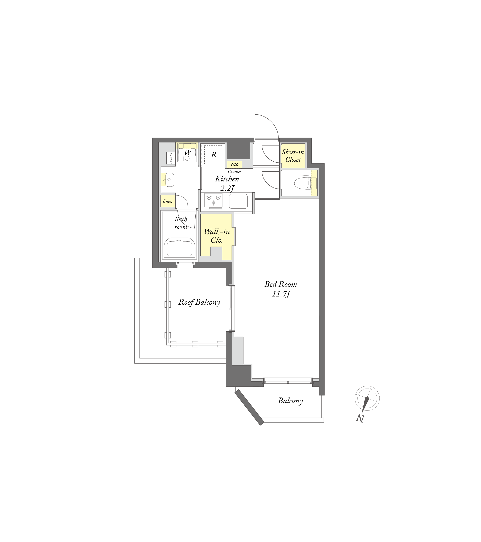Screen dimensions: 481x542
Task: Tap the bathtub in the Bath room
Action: pos(180,248)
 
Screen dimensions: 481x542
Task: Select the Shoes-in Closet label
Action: pos(293,156)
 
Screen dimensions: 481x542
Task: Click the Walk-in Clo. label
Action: pos(217,236)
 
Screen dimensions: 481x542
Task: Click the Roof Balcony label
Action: pos(199,302)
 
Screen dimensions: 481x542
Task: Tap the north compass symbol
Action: pos(367,398)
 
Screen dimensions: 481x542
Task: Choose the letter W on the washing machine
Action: pos(188,153)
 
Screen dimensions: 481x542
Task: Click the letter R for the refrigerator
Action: pos(214,154)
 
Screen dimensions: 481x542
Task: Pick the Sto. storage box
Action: pos(234,164)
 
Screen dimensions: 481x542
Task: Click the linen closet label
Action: pos(168,201)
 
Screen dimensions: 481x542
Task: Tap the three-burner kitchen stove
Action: pos(213,201)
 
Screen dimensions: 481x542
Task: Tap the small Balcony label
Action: pos(290,401)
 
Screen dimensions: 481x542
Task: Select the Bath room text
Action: pos(181,223)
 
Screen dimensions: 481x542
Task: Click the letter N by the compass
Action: pos(360,418)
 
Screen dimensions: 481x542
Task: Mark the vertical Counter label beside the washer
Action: pos(171,158)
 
